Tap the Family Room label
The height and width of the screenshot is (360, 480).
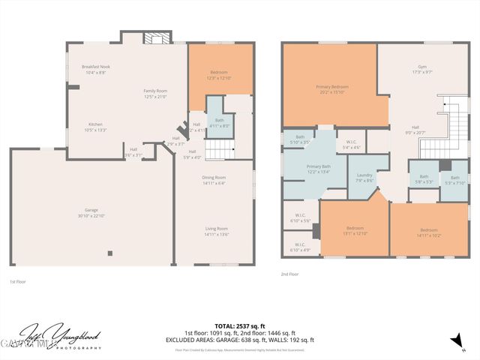tap(155, 91)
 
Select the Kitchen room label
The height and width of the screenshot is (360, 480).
tap(96, 124)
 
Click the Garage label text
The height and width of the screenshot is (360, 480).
tap(91, 210)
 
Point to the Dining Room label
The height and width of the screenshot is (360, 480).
tap(214, 178)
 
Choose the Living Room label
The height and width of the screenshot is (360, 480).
tap(217, 229)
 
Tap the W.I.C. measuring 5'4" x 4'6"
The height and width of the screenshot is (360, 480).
tap(351, 142)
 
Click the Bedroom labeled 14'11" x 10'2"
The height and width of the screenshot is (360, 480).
tap(428, 231)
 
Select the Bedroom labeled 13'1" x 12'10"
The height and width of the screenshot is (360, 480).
tap(355, 229)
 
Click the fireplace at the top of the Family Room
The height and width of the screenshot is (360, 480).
tap(156, 39)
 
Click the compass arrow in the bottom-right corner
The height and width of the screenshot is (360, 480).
tap(454, 342)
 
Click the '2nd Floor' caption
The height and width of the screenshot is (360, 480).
tap(289, 275)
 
